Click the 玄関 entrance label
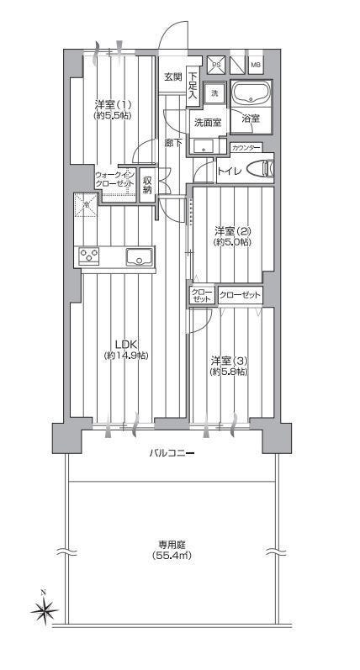pyautogui.click(x=173, y=77)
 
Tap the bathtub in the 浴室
pyautogui.click(x=251, y=94)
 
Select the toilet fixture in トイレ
pyautogui.click(x=261, y=167)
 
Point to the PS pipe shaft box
pyautogui.click(x=216, y=65)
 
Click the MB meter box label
pyautogui.click(x=255, y=66)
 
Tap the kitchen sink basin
pyautogui.click(x=139, y=256)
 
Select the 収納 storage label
pyautogui.click(x=147, y=185)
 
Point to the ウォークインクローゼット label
pyautogui.click(x=115, y=179)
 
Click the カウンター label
pyautogui.click(x=246, y=148)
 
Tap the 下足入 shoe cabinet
pyautogui.click(x=193, y=87)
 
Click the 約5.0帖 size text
pyautogui.click(x=233, y=242)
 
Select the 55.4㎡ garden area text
pyautogui.click(x=171, y=556)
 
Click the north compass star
pyautogui.click(x=44, y=610)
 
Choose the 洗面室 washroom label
pyautogui.click(x=208, y=123)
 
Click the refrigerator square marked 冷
pyautogui.click(x=86, y=205)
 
